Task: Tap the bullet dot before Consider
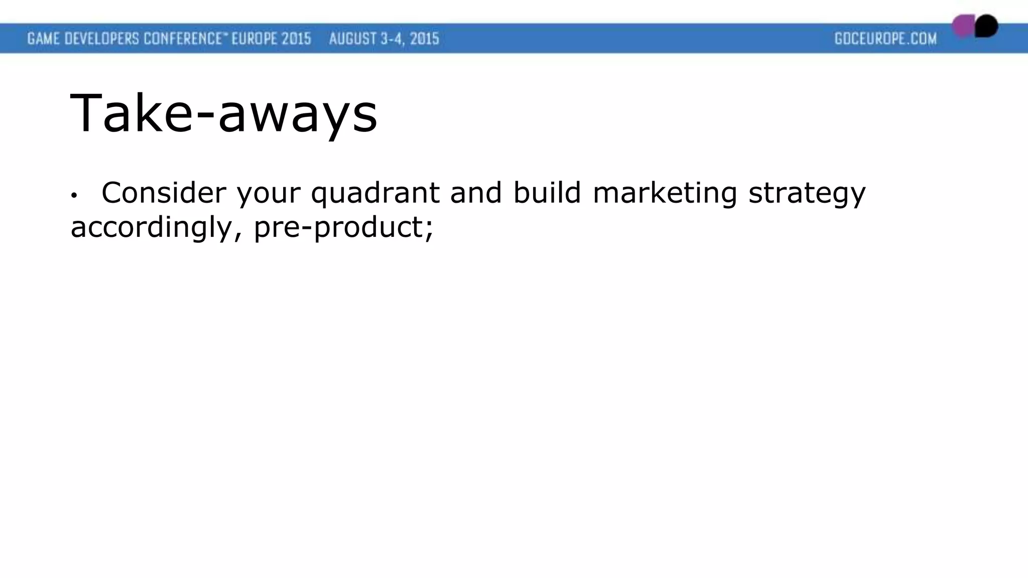tap(74, 195)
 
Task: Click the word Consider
tap(164, 192)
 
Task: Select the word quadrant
tap(375, 193)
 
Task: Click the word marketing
tap(665, 193)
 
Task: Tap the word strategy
tap(807, 193)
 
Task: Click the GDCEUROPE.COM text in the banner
tap(885, 39)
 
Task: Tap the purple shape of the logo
tap(963, 26)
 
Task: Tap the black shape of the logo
tap(987, 26)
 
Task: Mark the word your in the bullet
tap(268, 193)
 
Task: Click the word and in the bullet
tap(476, 192)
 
